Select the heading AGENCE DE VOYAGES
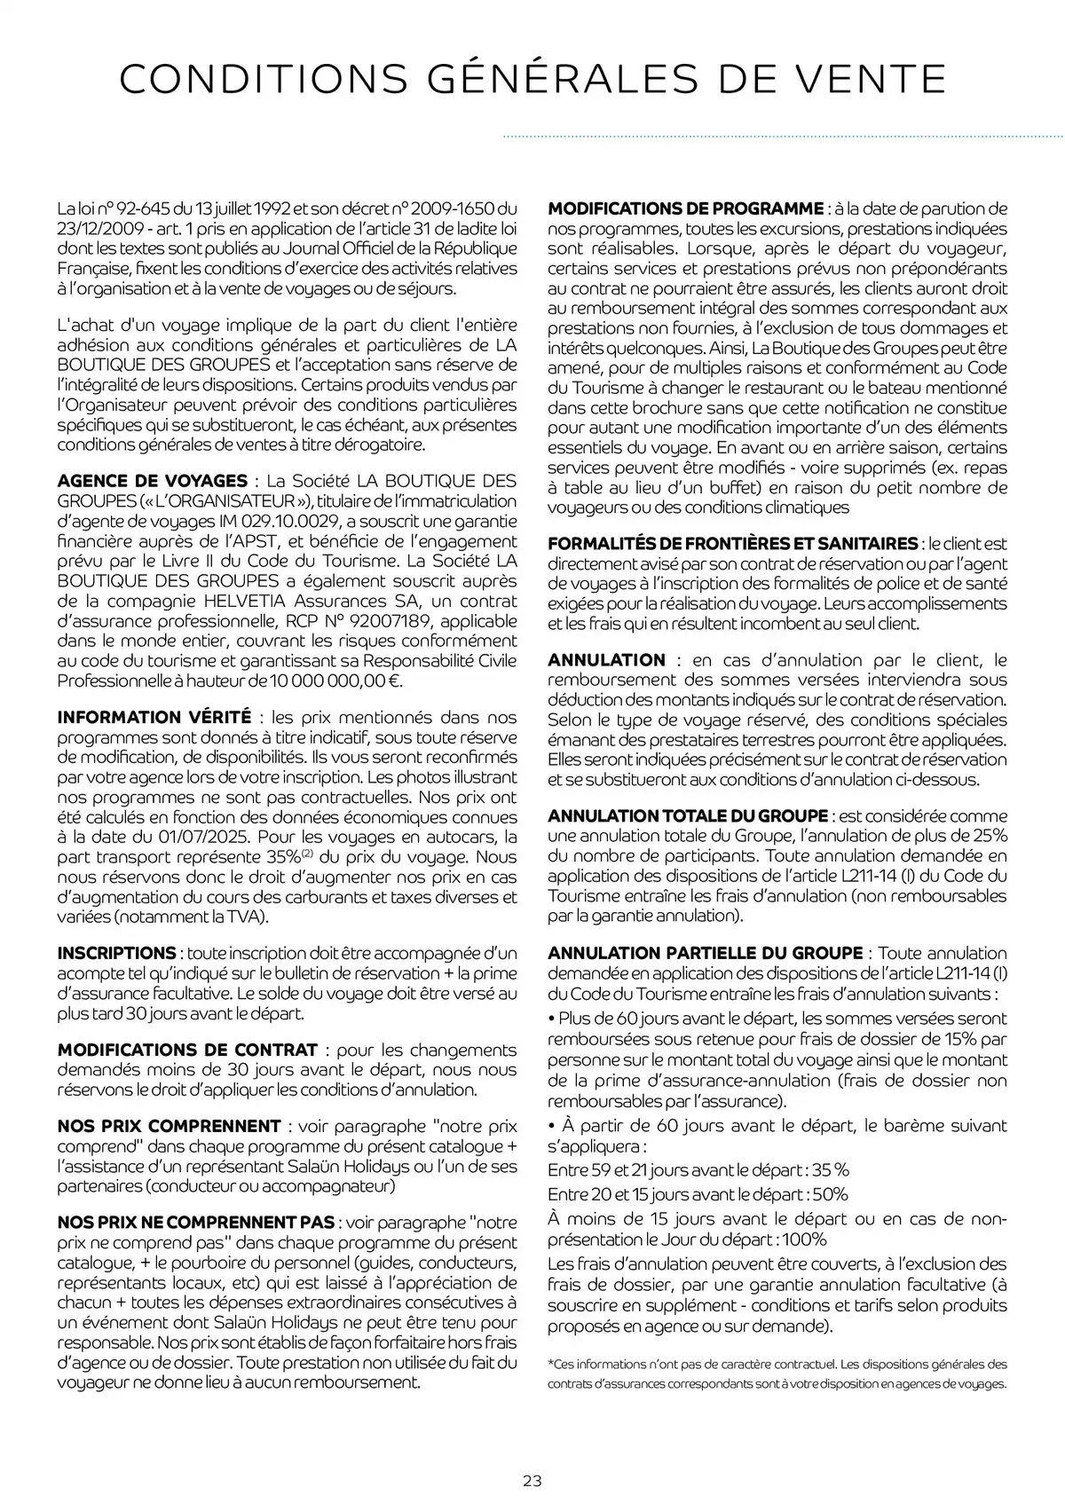click(x=153, y=481)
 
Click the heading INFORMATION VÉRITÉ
click(x=154, y=717)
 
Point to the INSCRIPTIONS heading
click(x=117, y=954)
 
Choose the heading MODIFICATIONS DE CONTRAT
click(x=187, y=1051)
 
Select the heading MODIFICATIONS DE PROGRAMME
click(x=686, y=209)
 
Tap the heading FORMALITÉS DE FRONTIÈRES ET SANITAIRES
click(x=733, y=543)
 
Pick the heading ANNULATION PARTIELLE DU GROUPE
click(x=706, y=953)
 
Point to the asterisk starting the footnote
click(x=550, y=1363)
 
